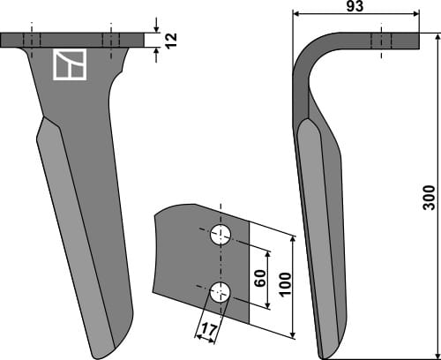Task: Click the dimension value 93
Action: [355, 6]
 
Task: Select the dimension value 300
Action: [429, 198]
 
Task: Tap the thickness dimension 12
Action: [171, 41]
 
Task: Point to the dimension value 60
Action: [260, 278]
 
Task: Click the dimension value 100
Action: [285, 284]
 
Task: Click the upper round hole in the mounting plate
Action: [220, 235]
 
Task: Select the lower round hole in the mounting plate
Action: [220, 292]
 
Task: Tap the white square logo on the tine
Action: [70, 64]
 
